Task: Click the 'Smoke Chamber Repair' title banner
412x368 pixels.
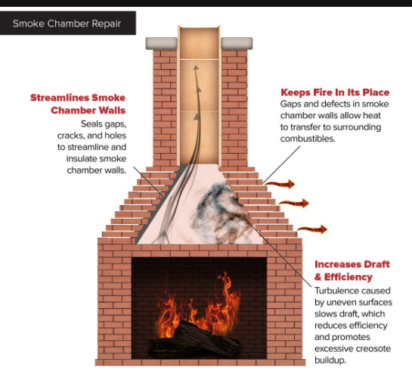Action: (68, 23)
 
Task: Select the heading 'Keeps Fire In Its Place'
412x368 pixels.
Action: (335, 92)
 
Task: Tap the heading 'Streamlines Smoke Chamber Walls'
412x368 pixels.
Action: (78, 104)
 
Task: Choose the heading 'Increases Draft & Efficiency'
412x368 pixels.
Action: (352, 270)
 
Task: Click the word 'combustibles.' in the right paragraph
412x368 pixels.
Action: (308, 139)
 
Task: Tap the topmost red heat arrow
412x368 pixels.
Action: (280, 184)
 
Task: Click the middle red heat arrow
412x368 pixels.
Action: (294, 203)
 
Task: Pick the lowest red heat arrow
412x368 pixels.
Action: (312, 229)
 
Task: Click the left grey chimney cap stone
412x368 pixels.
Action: (162, 43)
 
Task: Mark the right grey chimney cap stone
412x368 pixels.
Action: (237, 43)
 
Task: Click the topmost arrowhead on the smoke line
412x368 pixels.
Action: (196, 67)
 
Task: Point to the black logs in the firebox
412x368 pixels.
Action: (194, 339)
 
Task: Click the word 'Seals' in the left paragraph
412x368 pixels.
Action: (91, 123)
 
